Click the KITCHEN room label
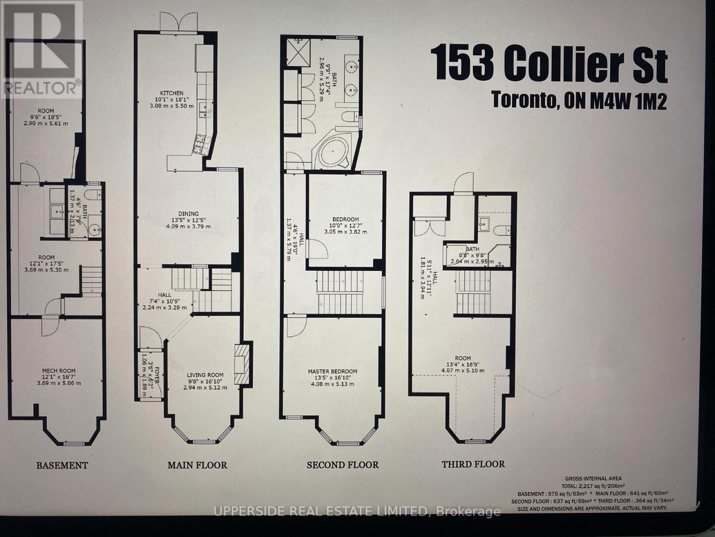172,93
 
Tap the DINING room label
188,214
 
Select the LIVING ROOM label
205,375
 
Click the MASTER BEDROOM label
332,371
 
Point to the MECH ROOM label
59,371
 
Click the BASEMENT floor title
62,465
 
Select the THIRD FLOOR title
473,464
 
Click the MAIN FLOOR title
197,465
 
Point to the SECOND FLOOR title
342,465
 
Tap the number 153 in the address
462,64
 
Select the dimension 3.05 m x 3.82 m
345,232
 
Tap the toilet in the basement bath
94,194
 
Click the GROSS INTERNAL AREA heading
593,478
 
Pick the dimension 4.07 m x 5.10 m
463,371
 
